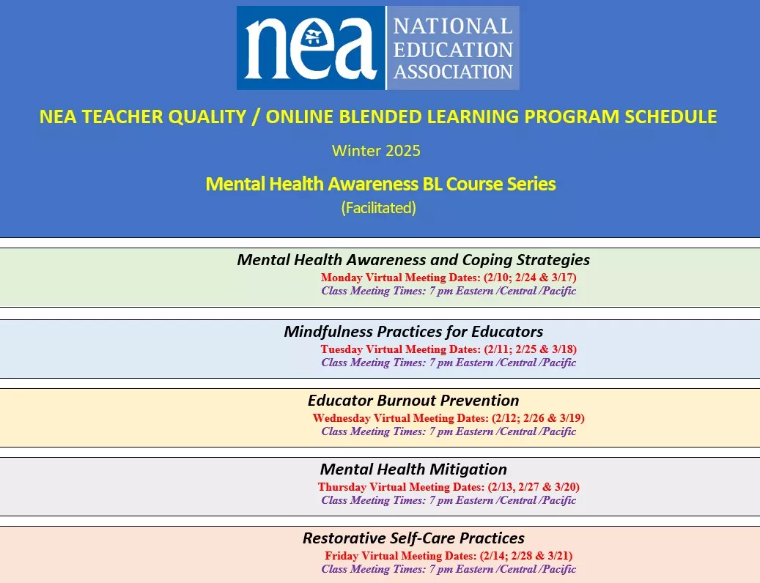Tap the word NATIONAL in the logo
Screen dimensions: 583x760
point(453,26)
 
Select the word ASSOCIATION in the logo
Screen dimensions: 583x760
point(453,72)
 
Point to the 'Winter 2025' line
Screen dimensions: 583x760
point(376,151)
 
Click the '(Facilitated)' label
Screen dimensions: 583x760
point(378,208)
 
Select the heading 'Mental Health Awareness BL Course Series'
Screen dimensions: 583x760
point(380,184)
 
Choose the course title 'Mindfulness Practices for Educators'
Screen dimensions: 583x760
point(413,331)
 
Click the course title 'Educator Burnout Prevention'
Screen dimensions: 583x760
point(413,401)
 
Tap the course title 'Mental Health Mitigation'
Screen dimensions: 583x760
point(413,469)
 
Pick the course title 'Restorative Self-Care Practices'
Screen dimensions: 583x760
point(413,538)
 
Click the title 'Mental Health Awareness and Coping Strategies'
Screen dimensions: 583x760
point(413,260)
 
